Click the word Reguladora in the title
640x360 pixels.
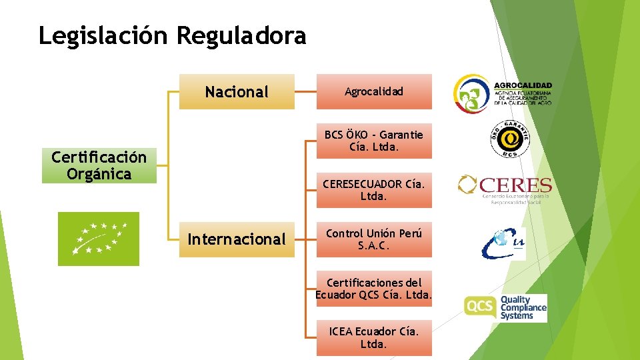tap(241, 35)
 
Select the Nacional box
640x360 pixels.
tap(237, 91)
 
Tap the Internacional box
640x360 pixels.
tap(237, 239)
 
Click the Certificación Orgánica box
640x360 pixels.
tap(99, 165)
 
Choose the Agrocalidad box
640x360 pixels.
tap(374, 91)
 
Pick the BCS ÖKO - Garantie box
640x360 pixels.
tap(374, 141)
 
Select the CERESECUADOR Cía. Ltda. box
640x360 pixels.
tap(374, 190)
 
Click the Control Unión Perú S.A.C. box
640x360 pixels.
tap(374, 239)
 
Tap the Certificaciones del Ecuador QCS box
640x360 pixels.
tap(374, 289)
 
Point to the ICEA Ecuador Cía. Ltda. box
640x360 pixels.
tap(374, 337)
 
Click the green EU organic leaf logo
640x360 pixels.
tap(99, 239)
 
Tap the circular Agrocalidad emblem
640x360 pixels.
tap(472, 93)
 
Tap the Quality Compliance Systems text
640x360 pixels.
tap(523, 308)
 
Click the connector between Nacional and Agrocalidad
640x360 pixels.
tap(305, 91)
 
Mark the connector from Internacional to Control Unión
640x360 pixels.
tap(305, 239)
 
